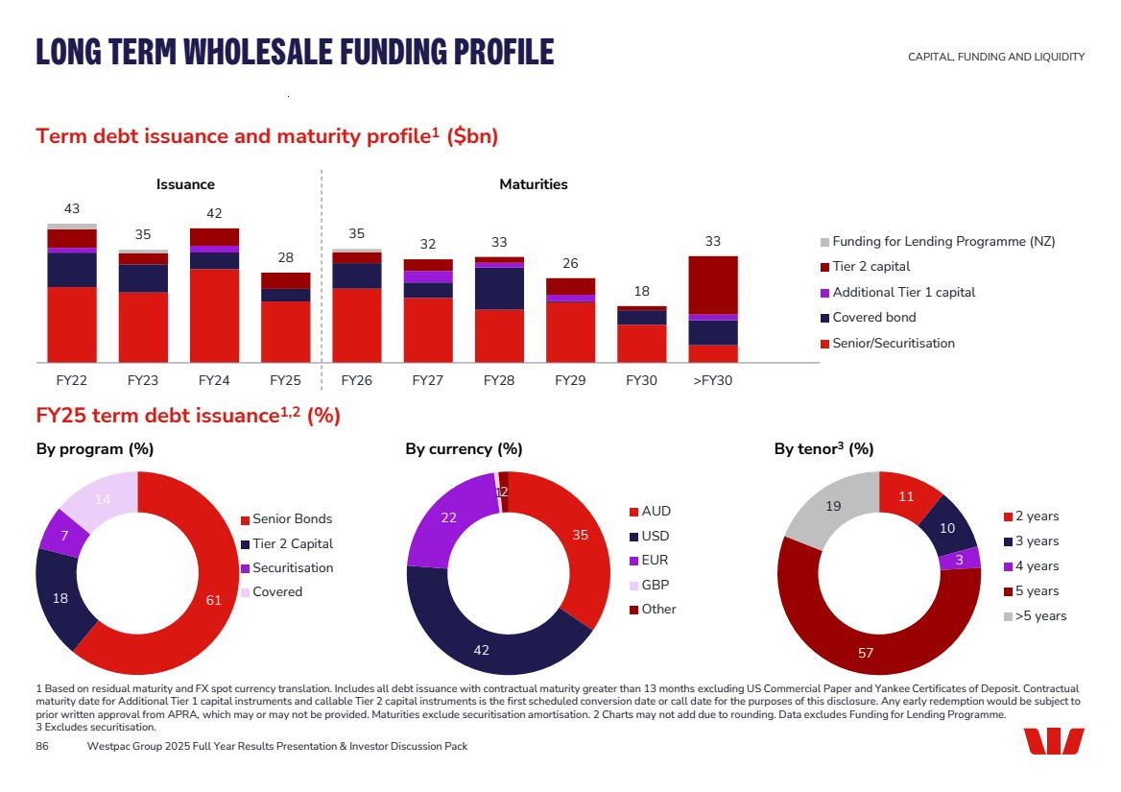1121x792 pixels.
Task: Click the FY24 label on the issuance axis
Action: coord(214,380)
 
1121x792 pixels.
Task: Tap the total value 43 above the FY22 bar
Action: coord(72,208)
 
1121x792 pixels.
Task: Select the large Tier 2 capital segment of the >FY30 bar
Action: coord(713,284)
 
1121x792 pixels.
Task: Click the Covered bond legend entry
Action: coord(873,318)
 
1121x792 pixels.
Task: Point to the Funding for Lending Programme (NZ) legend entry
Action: coord(942,241)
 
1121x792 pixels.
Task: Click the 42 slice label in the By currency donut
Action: coord(481,650)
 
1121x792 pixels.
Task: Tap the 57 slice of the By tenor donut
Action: coord(866,652)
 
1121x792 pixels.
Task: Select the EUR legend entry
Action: coord(655,561)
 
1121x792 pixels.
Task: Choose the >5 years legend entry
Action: coord(1040,616)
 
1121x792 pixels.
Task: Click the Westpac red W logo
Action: coord(1053,741)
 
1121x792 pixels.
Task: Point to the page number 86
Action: coord(42,746)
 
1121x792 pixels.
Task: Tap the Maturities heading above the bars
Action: coord(534,184)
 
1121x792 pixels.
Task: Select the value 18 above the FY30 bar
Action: coord(641,291)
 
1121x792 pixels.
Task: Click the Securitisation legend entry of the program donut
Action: coord(293,567)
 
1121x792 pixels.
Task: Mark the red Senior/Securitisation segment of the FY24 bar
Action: coord(214,315)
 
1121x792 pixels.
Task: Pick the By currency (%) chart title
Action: coord(464,448)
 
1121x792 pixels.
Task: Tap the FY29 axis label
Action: coord(570,380)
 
